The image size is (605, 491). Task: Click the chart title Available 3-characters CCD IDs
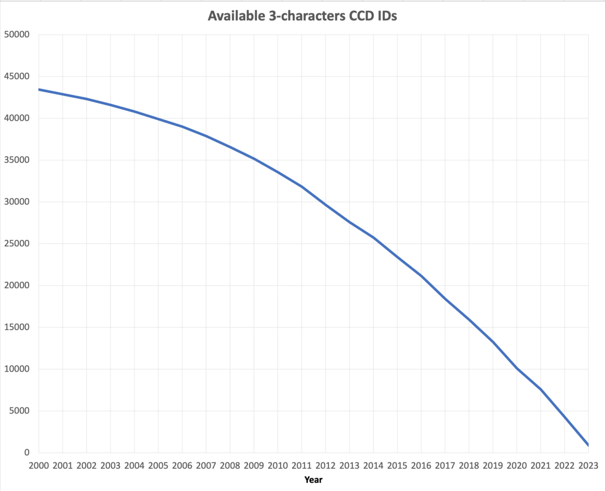pos(302,16)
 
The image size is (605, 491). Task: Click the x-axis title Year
pos(313,480)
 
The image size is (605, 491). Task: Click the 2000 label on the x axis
pos(39,466)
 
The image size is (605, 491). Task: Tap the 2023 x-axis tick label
pos(588,466)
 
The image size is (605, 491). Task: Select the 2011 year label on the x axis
pos(301,466)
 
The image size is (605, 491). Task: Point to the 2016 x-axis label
pos(421,466)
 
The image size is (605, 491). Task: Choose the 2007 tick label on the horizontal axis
pos(206,466)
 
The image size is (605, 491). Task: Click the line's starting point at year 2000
pos(39,89)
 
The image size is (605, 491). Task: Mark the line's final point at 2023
pos(588,445)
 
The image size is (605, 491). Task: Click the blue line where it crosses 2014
pos(373,237)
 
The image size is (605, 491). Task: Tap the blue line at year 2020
pos(517,368)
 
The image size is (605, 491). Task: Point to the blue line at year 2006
pos(182,126)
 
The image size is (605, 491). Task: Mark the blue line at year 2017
pos(445,298)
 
